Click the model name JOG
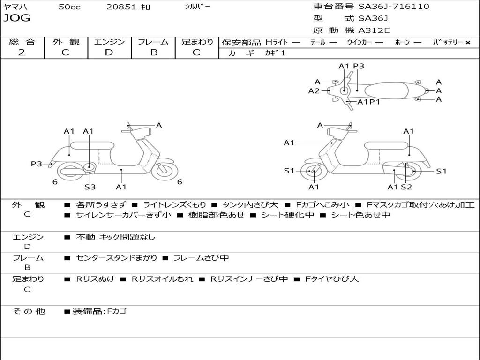tap(17, 18)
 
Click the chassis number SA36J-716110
tap(394, 6)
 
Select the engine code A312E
tap(374, 30)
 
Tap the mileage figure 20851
tap(120, 7)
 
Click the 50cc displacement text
tap(69, 7)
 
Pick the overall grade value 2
tap(22, 52)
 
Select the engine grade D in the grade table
tap(109, 52)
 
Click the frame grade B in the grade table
tap(154, 52)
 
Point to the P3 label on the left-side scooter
tap(37, 164)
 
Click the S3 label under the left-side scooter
tap(90, 187)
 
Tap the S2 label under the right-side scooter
tap(406, 187)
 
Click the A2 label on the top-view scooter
tap(314, 91)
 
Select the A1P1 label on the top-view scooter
tap(368, 102)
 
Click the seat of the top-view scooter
tap(386, 90)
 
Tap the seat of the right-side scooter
tap(386, 145)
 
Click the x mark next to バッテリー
tap(468, 43)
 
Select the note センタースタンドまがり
tap(116, 258)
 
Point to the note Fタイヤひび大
tap(332, 279)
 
